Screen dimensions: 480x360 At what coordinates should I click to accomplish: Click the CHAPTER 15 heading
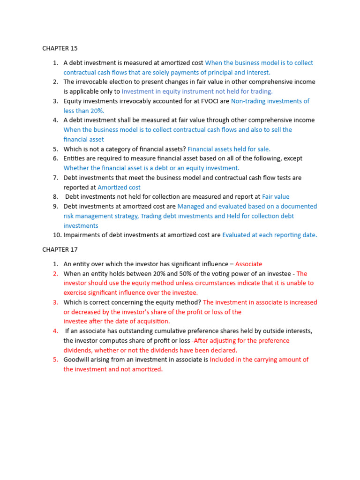point(60,48)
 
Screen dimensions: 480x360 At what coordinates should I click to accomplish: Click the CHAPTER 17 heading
point(60,249)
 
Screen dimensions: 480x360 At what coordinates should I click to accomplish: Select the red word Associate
point(248,264)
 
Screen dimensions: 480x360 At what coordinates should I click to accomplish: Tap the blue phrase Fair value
point(276,197)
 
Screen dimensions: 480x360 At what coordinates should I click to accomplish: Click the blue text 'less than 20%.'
point(84,111)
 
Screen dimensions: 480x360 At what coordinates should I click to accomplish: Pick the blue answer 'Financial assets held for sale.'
point(229,149)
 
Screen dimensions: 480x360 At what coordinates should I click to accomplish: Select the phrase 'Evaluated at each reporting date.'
point(270,235)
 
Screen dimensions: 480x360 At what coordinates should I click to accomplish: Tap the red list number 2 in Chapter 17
point(55,274)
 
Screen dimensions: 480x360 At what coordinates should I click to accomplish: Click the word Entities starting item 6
point(75,158)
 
